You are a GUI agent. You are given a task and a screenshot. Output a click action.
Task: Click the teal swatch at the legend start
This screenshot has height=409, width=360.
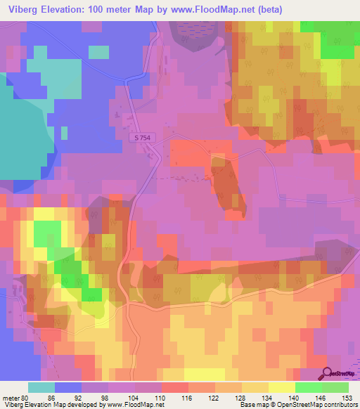coord(41,387)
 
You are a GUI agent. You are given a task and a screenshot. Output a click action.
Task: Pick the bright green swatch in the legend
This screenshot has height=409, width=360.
coord(308,387)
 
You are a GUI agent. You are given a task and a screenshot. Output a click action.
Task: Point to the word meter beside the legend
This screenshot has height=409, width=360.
coord(12,396)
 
